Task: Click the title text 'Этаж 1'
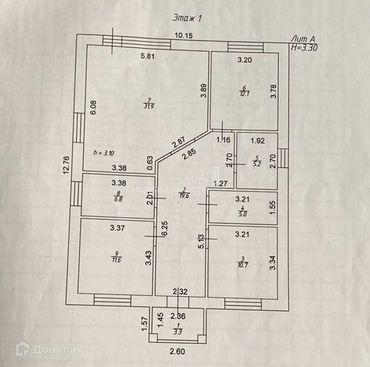point(187,17)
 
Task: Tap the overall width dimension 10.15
point(183,35)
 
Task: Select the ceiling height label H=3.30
point(304,47)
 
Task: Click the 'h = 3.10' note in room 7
point(104,153)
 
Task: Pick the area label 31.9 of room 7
point(148,106)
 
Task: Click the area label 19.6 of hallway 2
point(184,194)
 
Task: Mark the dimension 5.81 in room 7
point(148,57)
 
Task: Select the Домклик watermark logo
point(49,349)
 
